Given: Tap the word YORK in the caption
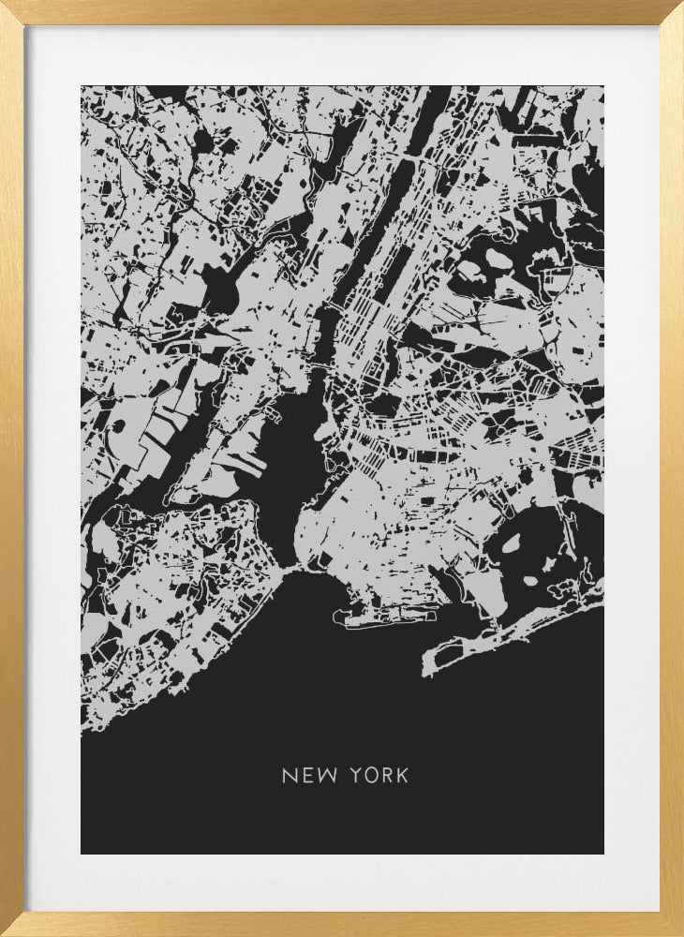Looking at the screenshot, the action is (x=379, y=776).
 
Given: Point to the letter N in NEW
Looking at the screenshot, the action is (x=289, y=776).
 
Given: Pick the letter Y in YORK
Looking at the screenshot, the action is (x=356, y=776).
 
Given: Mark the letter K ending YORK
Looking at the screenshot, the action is (x=403, y=776).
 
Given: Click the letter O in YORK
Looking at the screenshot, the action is (x=372, y=776).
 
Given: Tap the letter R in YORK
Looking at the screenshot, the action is (x=388, y=776).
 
